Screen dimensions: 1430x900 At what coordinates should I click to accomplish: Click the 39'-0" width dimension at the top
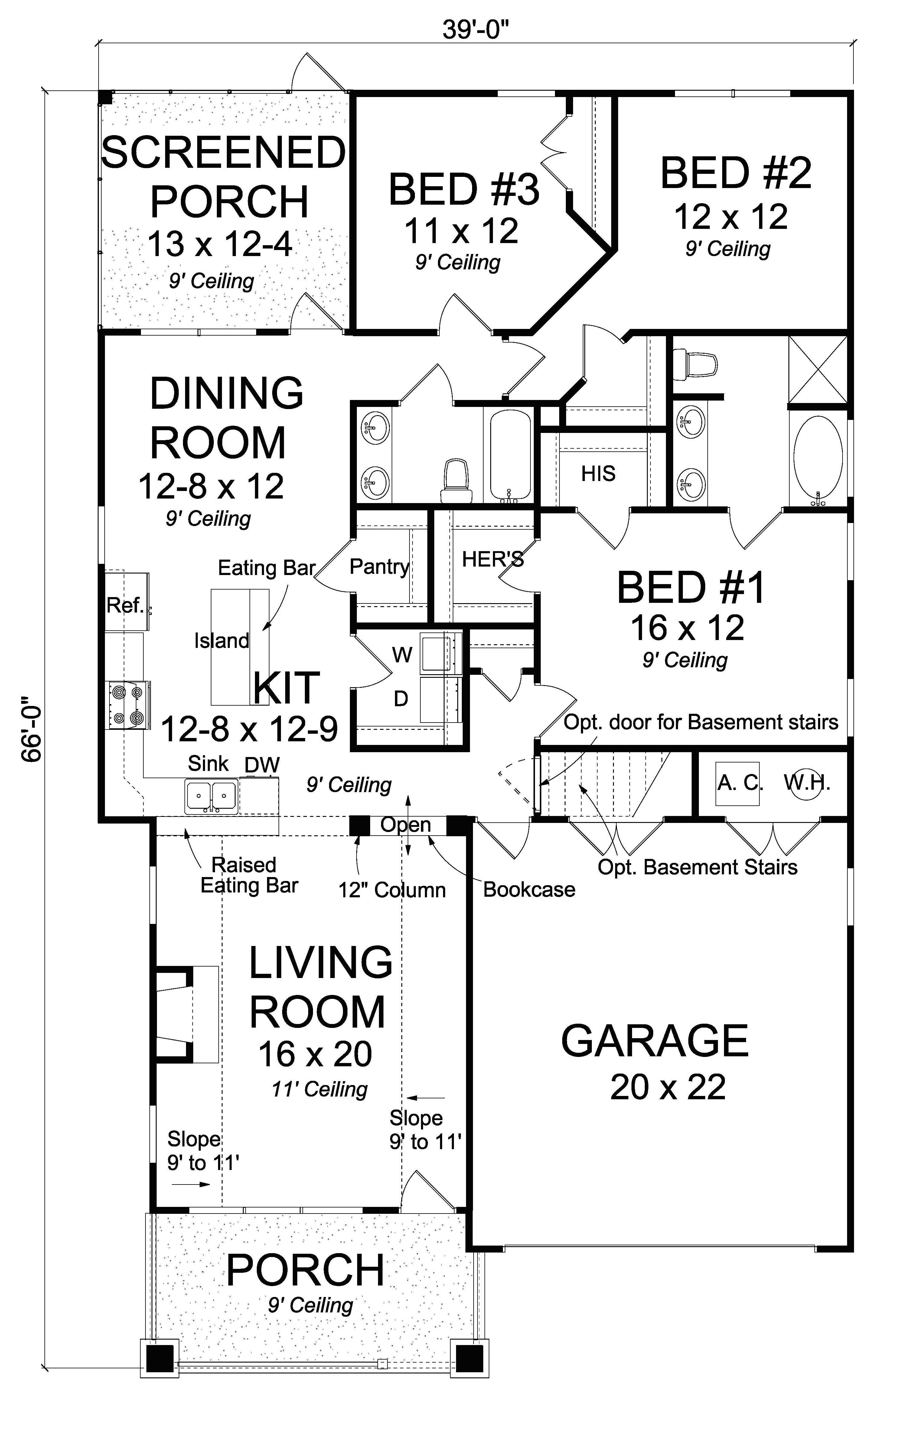click(x=476, y=30)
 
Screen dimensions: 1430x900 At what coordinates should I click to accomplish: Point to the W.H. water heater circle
click(x=806, y=783)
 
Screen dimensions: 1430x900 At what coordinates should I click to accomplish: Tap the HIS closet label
click(x=598, y=473)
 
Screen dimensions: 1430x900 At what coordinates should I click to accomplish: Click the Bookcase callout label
click(x=529, y=889)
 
